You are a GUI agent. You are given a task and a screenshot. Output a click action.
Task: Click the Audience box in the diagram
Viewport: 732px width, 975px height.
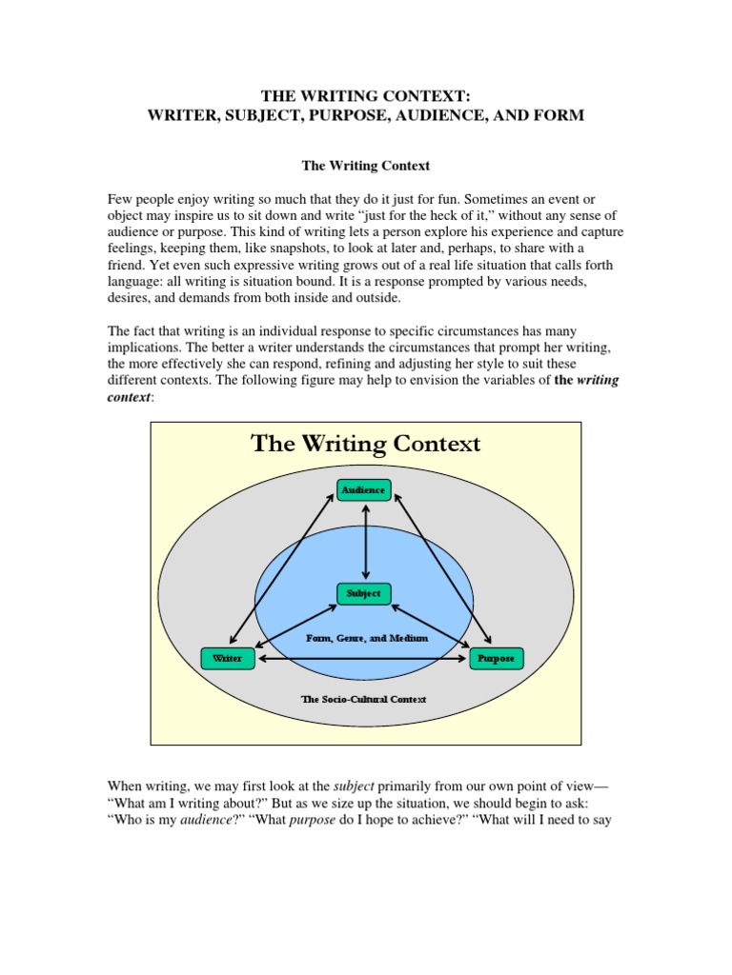pos(364,490)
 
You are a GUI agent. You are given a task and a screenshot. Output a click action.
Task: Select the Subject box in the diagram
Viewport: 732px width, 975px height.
pos(364,593)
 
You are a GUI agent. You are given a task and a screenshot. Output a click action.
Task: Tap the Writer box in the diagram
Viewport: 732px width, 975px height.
pos(228,658)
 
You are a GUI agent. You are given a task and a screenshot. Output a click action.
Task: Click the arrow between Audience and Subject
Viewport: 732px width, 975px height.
pos(365,542)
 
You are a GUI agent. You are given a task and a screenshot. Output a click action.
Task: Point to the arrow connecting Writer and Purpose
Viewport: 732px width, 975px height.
pos(362,659)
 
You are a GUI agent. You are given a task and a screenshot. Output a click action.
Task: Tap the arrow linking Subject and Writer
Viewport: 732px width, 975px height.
pos(295,626)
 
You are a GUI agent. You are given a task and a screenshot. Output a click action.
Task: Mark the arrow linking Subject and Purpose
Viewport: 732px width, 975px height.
pos(431,626)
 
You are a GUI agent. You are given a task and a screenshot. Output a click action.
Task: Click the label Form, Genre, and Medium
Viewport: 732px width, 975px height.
pos(364,638)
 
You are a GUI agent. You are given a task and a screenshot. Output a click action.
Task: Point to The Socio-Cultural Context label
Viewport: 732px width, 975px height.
pos(364,699)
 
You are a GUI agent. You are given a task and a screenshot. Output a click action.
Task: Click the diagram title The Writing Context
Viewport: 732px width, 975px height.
pos(365,444)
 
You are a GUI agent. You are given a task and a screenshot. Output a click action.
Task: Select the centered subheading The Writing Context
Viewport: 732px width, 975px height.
pos(366,166)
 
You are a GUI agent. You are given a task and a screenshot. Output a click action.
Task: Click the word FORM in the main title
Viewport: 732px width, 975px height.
pos(560,115)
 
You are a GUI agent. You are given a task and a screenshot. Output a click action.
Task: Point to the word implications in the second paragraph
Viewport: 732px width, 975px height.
pos(141,348)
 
